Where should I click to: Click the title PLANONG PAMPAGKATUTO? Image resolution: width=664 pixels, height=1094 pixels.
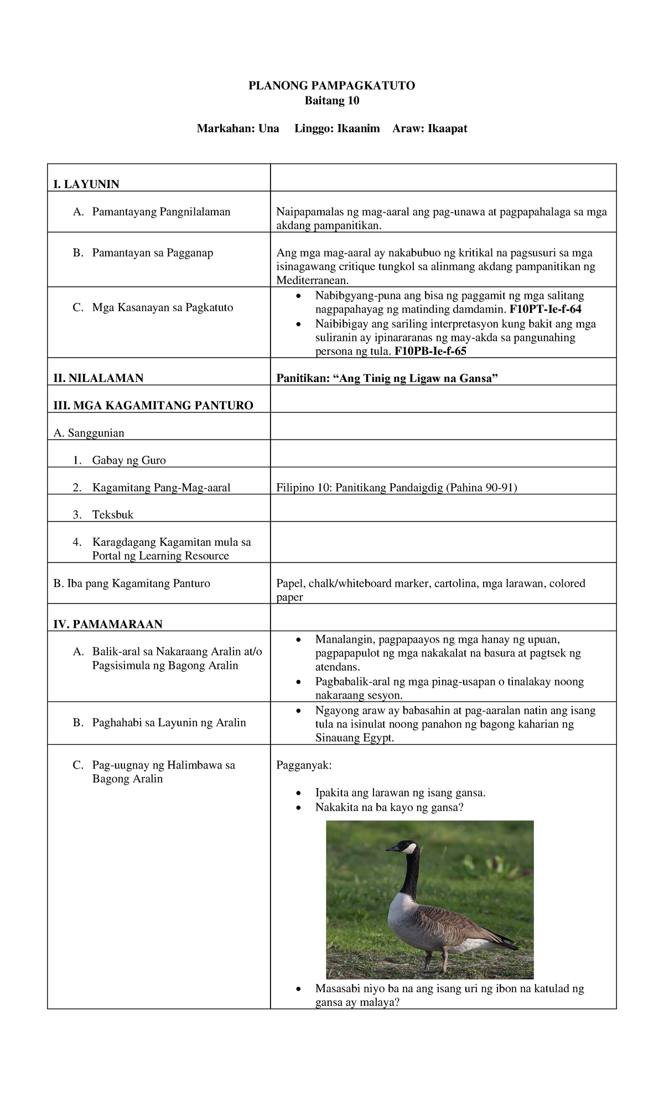pos(331,85)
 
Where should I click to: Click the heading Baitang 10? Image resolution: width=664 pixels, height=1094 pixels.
pos(332,101)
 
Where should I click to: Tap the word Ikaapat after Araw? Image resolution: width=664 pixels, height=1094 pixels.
pos(445,129)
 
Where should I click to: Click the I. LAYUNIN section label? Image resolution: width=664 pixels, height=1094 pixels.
pos(86,184)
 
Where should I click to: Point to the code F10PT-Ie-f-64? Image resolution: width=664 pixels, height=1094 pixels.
pos(546,309)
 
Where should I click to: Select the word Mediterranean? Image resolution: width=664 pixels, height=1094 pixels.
pos(313,280)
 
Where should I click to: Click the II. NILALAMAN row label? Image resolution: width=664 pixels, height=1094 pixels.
pos(98,378)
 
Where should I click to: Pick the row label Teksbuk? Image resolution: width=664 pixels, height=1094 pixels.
pos(113,515)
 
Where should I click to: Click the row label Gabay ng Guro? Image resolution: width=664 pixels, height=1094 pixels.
pos(129,461)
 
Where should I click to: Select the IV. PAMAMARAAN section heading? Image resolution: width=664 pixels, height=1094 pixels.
pos(108,625)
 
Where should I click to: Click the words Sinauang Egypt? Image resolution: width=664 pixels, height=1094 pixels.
pos(354,738)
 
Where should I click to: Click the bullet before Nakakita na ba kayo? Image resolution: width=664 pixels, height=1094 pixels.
pos(299,808)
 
